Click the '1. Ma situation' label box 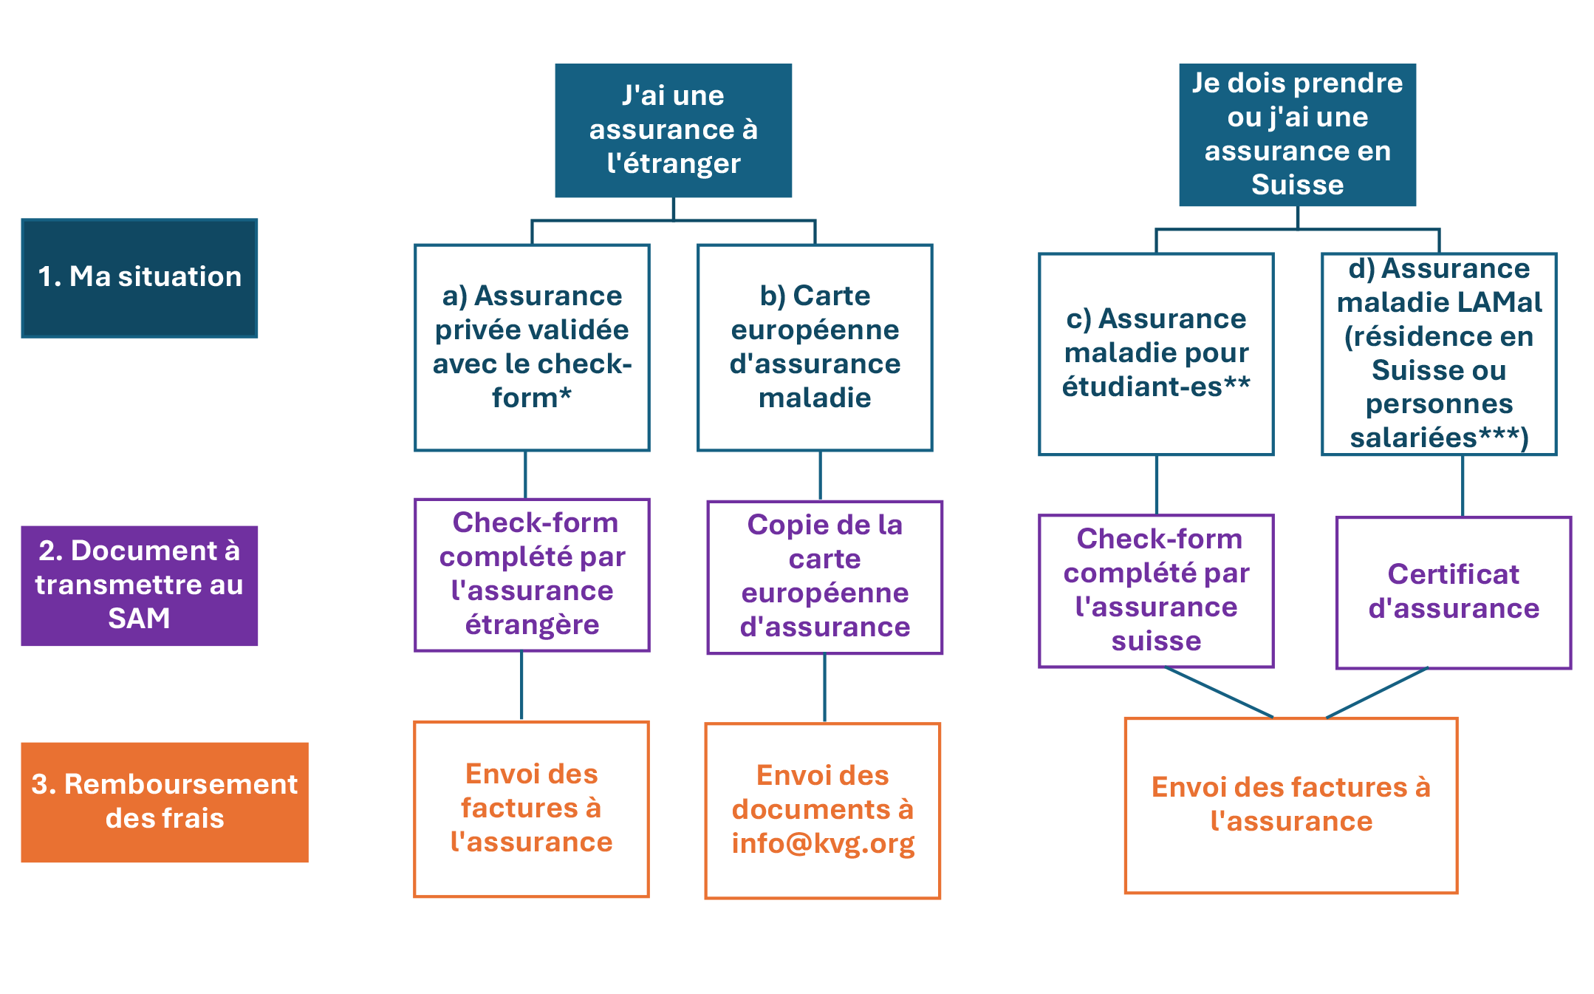coord(140,278)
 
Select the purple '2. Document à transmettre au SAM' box coord(140,585)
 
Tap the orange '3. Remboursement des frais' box coord(164,802)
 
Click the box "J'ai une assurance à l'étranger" coord(673,130)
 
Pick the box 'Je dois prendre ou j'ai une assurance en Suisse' coord(1297,135)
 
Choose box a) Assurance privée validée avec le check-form coord(532,347)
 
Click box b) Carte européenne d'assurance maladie coord(815,347)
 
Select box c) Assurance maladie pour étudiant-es coord(1156,354)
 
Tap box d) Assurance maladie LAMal coord(1439,354)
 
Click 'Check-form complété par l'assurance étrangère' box coord(532,575)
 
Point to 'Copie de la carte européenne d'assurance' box coord(824,577)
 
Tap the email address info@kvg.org coord(823,844)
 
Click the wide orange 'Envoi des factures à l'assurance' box coord(1290,805)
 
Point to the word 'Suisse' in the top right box coord(1297,185)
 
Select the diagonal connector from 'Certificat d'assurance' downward coord(1377,692)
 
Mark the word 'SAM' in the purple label coord(139,619)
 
